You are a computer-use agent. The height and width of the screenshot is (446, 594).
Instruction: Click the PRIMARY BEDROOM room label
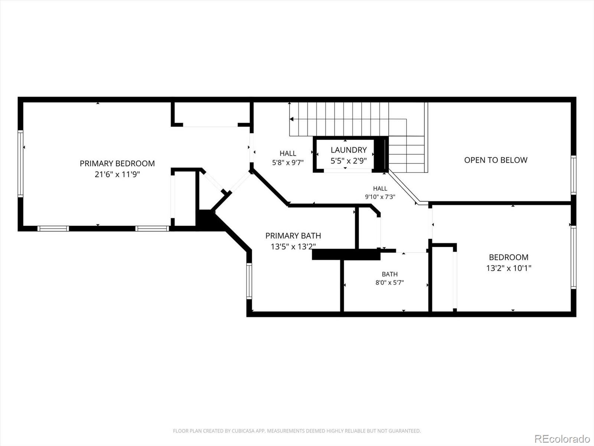117,164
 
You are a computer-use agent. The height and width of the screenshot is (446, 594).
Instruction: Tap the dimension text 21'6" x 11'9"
117,174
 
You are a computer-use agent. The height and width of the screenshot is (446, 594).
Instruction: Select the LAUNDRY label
349,150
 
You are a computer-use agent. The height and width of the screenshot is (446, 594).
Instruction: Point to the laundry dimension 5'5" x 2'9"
349,161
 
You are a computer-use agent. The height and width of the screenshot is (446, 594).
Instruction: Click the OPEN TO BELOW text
496,160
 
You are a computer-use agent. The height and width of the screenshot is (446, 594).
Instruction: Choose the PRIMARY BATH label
293,236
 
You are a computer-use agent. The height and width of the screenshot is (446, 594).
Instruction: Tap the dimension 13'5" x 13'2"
293,247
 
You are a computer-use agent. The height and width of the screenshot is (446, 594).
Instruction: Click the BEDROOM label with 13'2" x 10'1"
509,257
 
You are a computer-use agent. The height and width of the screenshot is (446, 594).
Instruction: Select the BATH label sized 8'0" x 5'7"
390,274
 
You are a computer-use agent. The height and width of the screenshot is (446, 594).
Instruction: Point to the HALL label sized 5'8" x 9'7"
288,153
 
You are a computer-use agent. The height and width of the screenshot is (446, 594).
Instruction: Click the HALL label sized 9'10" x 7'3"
380,188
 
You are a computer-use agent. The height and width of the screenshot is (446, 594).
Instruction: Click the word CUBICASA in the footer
242,431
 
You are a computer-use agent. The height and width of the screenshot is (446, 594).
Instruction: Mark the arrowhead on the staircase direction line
291,119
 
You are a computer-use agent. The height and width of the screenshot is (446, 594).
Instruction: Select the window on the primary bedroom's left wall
20,164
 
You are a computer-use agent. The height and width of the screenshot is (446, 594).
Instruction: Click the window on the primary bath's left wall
249,281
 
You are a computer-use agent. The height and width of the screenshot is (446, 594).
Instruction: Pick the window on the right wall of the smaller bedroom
574,257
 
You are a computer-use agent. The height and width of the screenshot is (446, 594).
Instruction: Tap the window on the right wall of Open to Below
574,175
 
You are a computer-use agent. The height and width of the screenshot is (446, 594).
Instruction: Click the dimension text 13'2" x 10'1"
509,268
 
